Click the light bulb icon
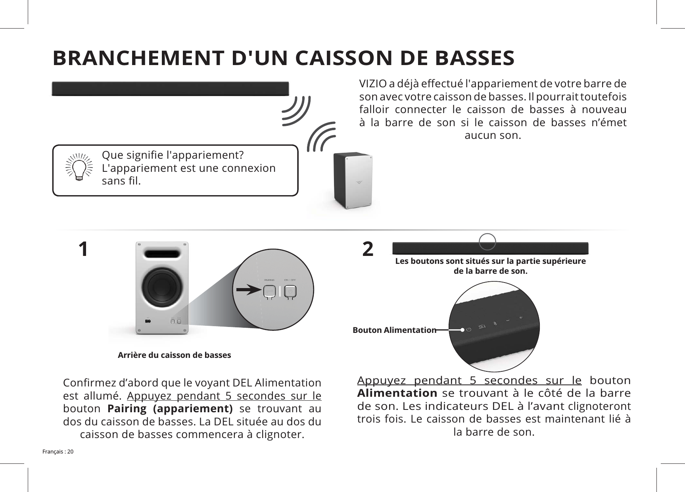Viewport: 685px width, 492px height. [79, 167]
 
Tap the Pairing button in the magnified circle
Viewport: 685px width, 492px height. [269, 292]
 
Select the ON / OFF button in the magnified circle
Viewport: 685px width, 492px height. [291, 292]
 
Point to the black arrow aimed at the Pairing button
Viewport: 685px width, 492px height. [249, 290]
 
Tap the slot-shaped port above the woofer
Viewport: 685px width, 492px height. [162, 254]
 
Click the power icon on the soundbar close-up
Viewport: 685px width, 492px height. [469, 329]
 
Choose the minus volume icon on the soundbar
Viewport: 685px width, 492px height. [508, 320]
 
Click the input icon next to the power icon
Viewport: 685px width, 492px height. [482, 327]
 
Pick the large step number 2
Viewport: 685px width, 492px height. [368, 250]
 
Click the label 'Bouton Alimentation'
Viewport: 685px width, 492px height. [394, 330]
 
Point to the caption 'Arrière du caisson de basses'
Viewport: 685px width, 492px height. [174, 355]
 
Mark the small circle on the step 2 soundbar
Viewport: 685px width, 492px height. [487, 242]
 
